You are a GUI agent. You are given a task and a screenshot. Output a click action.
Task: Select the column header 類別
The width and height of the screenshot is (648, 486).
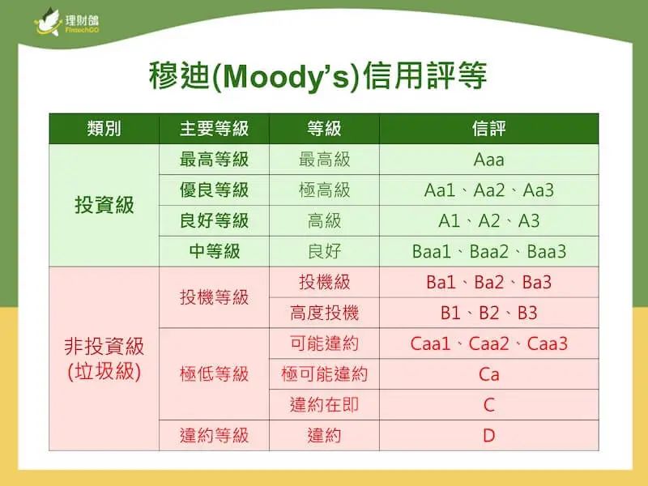coord(104,129)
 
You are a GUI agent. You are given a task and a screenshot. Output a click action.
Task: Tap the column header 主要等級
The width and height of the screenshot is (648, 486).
coord(214,129)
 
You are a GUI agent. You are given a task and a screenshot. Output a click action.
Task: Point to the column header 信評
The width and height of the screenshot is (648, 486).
coord(488,129)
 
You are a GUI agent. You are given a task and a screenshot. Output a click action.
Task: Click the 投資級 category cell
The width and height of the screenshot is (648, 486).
coord(104,205)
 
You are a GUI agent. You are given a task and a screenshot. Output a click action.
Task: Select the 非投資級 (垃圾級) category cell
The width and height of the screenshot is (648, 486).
coord(104,359)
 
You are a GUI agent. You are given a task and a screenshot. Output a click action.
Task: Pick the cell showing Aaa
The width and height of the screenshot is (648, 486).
coord(488,160)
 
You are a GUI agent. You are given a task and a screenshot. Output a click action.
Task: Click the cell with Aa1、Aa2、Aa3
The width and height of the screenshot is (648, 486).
coord(488,190)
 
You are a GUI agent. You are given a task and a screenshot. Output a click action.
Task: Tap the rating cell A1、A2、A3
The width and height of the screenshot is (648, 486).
coord(488,221)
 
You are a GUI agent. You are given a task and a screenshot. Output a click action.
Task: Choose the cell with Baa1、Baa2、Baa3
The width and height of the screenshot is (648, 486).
coord(488,252)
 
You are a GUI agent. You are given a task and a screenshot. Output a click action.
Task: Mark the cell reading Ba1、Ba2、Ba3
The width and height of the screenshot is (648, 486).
coord(488,283)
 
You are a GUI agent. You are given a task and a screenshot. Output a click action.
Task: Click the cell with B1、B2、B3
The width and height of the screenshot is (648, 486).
coord(488,313)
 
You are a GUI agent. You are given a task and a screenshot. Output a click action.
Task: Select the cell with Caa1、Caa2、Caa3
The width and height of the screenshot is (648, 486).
coord(488,343)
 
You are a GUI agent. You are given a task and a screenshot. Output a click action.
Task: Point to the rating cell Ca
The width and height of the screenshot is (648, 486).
coord(488,374)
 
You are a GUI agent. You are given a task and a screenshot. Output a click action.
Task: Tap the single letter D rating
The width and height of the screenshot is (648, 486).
coord(488,436)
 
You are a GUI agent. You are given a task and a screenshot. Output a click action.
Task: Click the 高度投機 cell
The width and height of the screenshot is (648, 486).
coord(324,313)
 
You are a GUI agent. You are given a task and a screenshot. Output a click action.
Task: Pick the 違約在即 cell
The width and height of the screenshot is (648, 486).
coord(324,405)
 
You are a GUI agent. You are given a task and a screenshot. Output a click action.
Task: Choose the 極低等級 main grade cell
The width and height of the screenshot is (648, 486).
coord(214,374)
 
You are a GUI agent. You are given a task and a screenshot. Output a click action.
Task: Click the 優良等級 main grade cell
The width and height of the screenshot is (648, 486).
coord(214,190)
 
